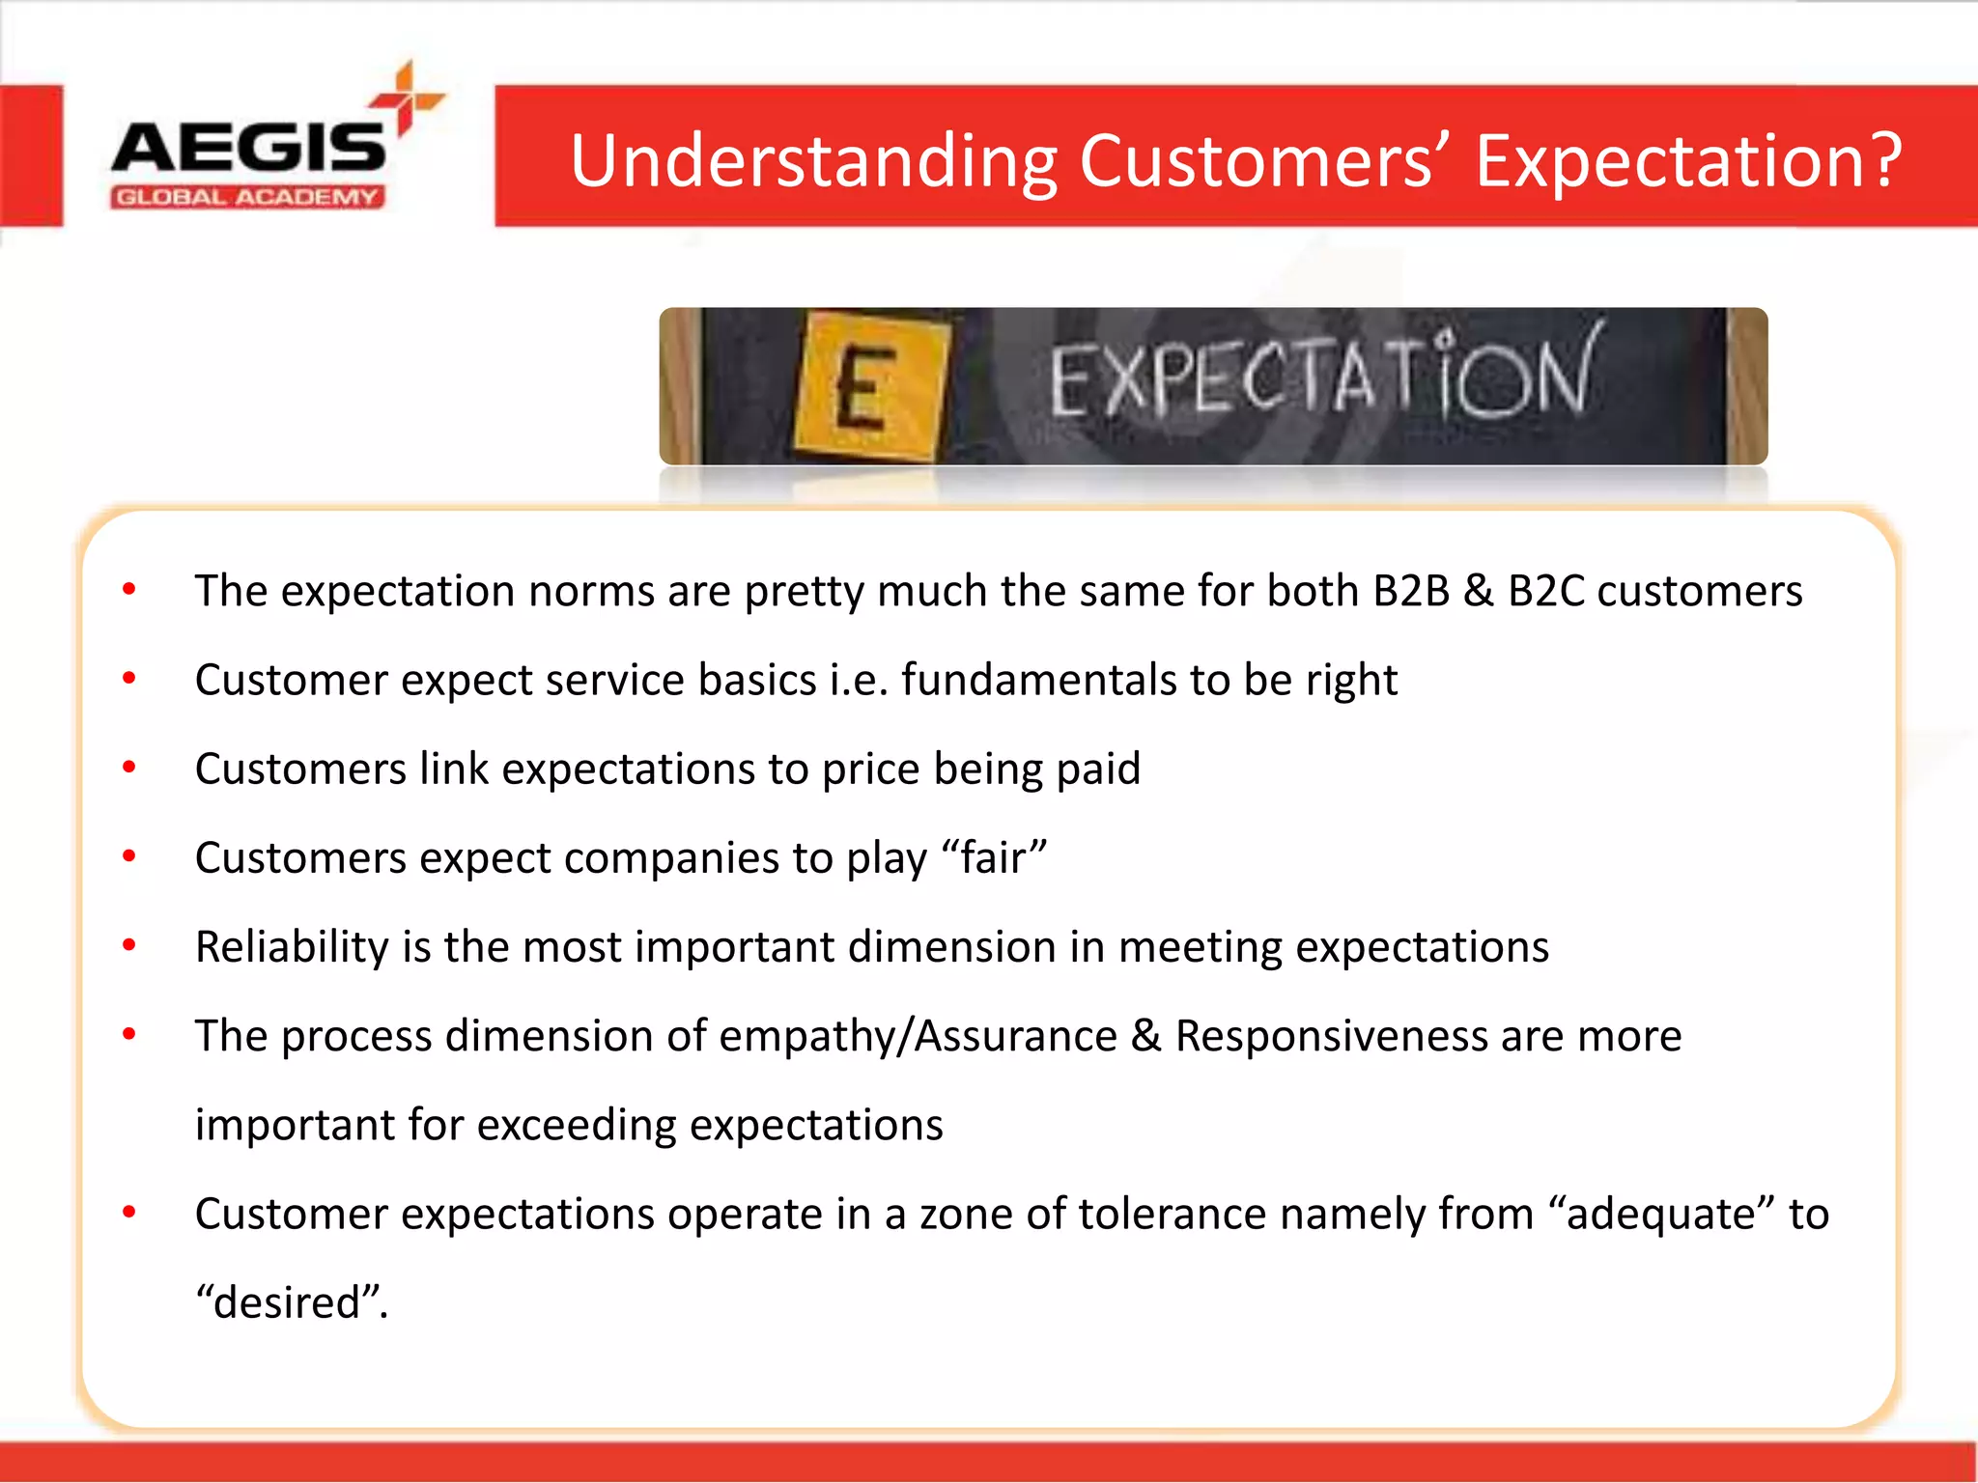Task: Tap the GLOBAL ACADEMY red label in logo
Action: tap(247, 198)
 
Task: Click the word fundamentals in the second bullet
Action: tap(1038, 680)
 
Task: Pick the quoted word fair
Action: tap(993, 858)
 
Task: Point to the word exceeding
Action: tap(576, 1126)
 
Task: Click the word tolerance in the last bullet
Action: tap(1172, 1215)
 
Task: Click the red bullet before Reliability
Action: tap(129, 945)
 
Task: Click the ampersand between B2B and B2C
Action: tap(1478, 591)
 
